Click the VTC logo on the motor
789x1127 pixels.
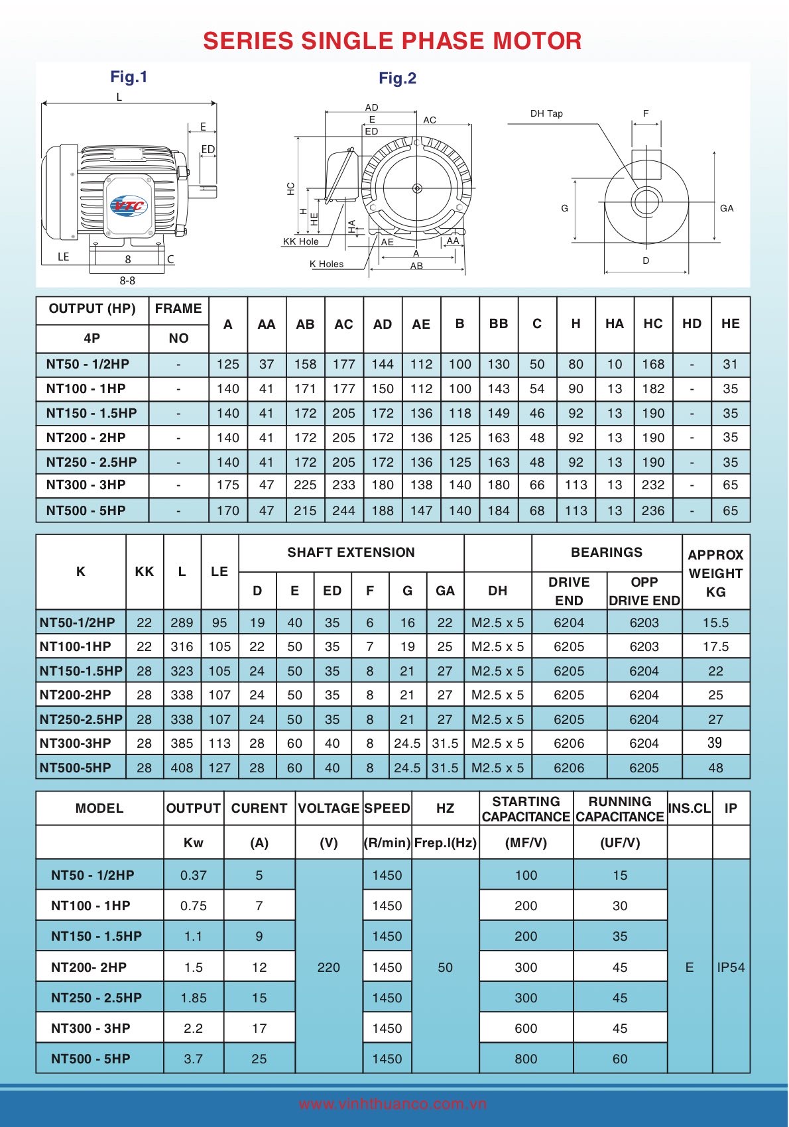pyautogui.click(x=129, y=206)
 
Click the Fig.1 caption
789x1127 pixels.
pyautogui.click(x=129, y=77)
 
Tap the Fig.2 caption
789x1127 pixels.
pyautogui.click(x=397, y=78)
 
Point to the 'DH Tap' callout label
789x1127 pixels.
pyautogui.click(x=546, y=113)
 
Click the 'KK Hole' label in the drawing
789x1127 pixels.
pyautogui.click(x=300, y=241)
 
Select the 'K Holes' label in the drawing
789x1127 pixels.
pyautogui.click(x=326, y=264)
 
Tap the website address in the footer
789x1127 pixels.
pyautogui.click(x=393, y=1104)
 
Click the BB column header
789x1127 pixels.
pyautogui.click(x=498, y=324)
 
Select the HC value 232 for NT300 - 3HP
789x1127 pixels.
pyautogui.click(x=652, y=485)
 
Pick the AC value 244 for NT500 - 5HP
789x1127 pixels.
pyautogui.click(x=343, y=510)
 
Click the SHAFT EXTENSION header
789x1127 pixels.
pyautogui.click(x=351, y=552)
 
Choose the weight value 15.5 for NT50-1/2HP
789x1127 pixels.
pyautogui.click(x=715, y=623)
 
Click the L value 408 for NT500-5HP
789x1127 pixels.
pyautogui.click(x=182, y=768)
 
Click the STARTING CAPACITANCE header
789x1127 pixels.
pyautogui.click(x=526, y=809)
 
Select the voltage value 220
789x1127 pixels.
pyautogui.click(x=328, y=967)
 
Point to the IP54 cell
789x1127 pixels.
pyautogui.click(x=731, y=967)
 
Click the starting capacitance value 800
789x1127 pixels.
pyautogui.click(x=526, y=1059)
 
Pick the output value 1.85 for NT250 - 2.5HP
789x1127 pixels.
pyautogui.click(x=193, y=998)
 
